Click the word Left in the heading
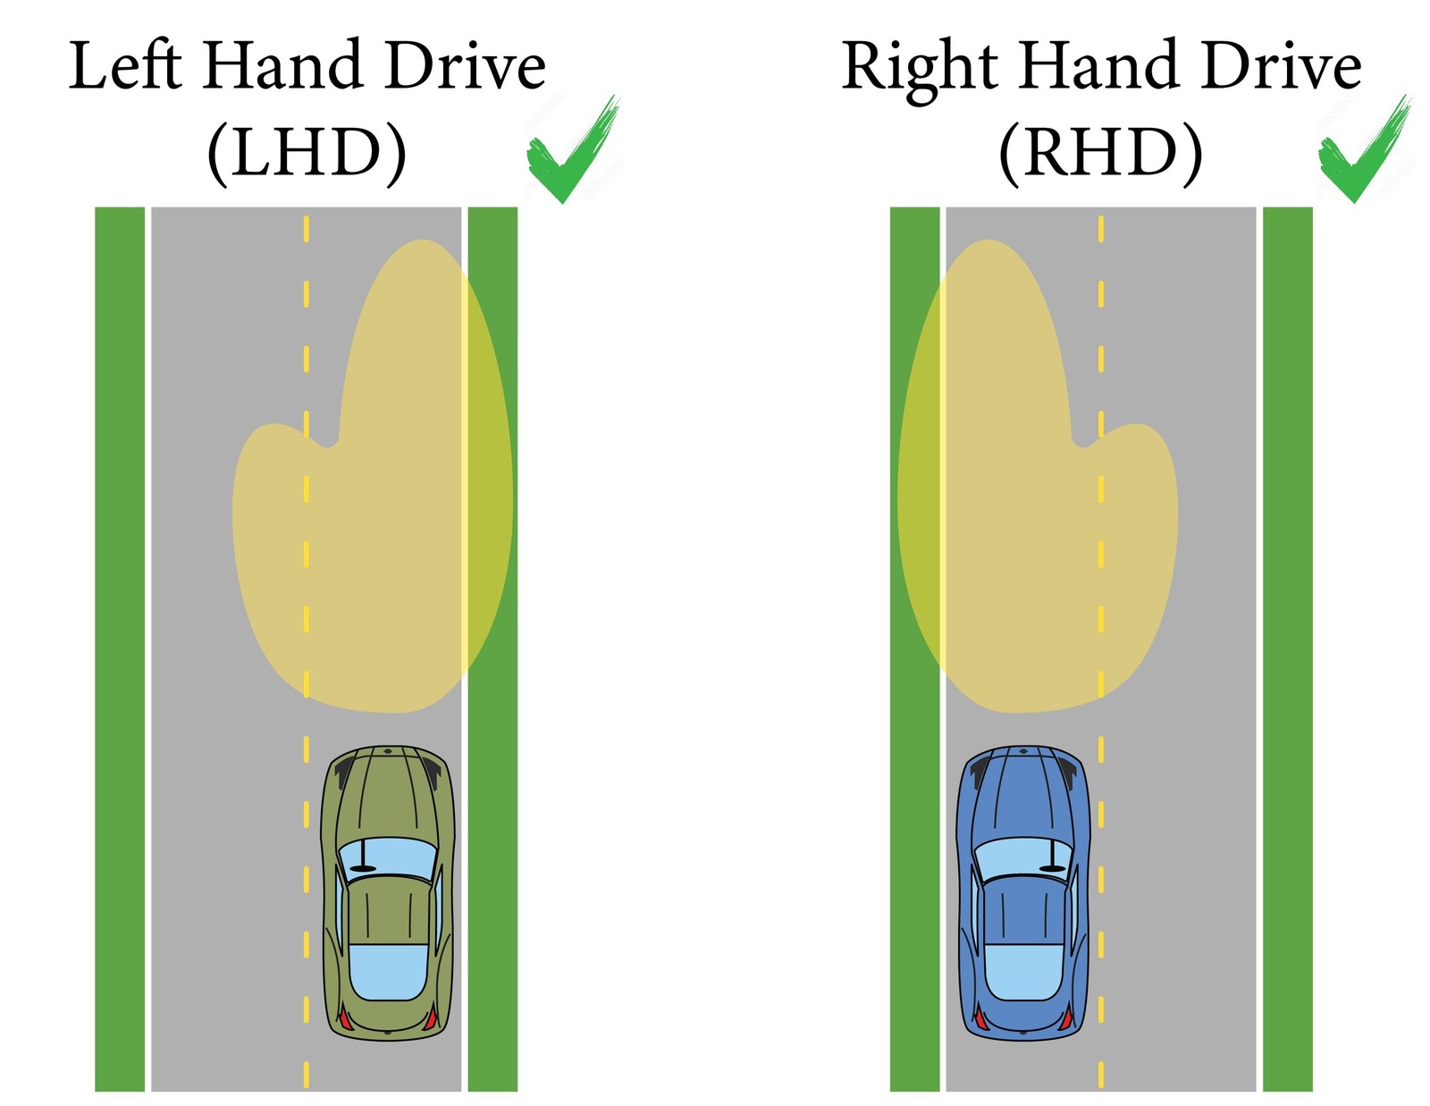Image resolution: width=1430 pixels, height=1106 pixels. point(125,66)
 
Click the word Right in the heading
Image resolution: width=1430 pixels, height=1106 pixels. point(920,68)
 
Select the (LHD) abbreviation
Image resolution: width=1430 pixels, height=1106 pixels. point(307,154)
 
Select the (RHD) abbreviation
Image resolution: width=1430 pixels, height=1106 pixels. point(1100,154)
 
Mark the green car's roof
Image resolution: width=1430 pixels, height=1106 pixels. point(387,912)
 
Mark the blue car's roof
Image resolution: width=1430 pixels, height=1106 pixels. point(1024,912)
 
